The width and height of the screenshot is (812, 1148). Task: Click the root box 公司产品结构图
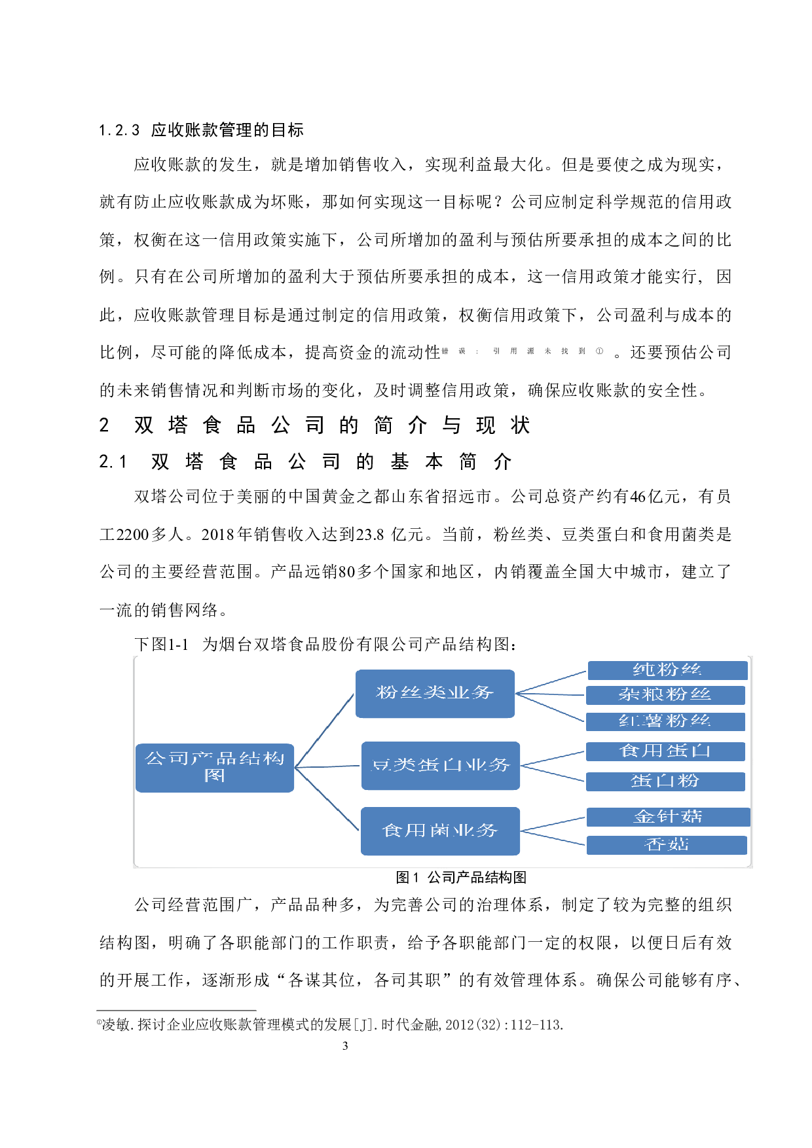click(x=214, y=767)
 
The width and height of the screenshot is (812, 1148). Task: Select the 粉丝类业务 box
click(x=435, y=693)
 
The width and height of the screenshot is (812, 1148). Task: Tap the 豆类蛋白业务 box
click(x=440, y=765)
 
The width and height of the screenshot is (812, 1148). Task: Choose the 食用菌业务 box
click(x=440, y=831)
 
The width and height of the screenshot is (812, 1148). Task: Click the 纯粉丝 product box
click(x=667, y=670)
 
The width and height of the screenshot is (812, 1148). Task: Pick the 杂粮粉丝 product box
click(x=665, y=695)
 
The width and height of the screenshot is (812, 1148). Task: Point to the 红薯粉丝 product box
click(x=665, y=721)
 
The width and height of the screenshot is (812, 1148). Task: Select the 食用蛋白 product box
click(x=665, y=751)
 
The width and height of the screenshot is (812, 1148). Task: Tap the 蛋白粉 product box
click(x=665, y=781)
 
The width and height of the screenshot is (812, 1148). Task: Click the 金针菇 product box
click(x=667, y=817)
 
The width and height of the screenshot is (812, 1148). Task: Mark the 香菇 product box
click(x=666, y=845)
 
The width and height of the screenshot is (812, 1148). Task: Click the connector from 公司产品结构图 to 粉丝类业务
click(x=325, y=730)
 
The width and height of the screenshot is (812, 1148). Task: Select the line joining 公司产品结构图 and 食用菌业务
click(x=327, y=799)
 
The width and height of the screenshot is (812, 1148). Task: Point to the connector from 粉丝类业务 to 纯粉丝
click(x=551, y=682)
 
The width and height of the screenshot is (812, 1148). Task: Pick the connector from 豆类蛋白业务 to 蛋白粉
click(x=553, y=774)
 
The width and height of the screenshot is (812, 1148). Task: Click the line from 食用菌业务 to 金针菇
click(x=553, y=825)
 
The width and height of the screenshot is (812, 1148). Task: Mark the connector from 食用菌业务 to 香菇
click(x=553, y=838)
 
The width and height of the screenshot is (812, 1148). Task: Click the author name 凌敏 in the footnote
click(x=116, y=1025)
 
